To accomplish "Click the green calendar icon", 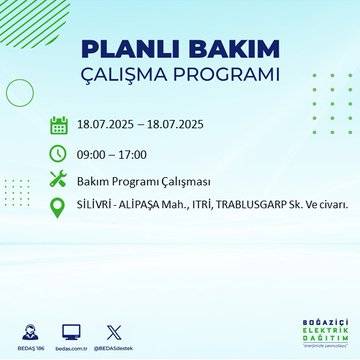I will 58,125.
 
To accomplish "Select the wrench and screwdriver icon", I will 58,179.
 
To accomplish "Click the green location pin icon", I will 58,206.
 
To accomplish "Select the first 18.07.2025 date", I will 108,125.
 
